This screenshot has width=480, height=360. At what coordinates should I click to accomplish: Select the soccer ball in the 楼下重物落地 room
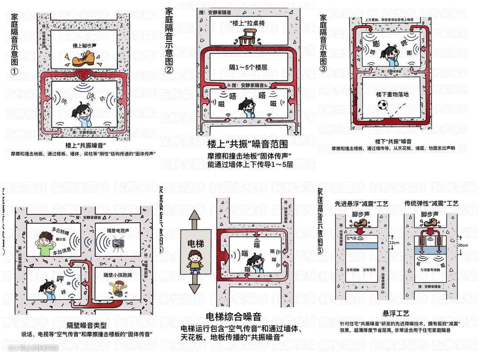click(x=382, y=105)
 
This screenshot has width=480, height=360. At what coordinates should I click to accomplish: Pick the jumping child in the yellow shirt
click(x=117, y=291)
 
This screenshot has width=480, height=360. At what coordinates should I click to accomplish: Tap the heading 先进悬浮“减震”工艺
click(x=363, y=204)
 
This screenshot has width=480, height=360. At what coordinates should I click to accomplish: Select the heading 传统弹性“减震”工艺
click(x=431, y=204)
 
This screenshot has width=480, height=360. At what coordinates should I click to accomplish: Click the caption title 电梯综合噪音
click(x=233, y=316)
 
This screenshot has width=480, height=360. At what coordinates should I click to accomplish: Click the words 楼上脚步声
click(x=85, y=46)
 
